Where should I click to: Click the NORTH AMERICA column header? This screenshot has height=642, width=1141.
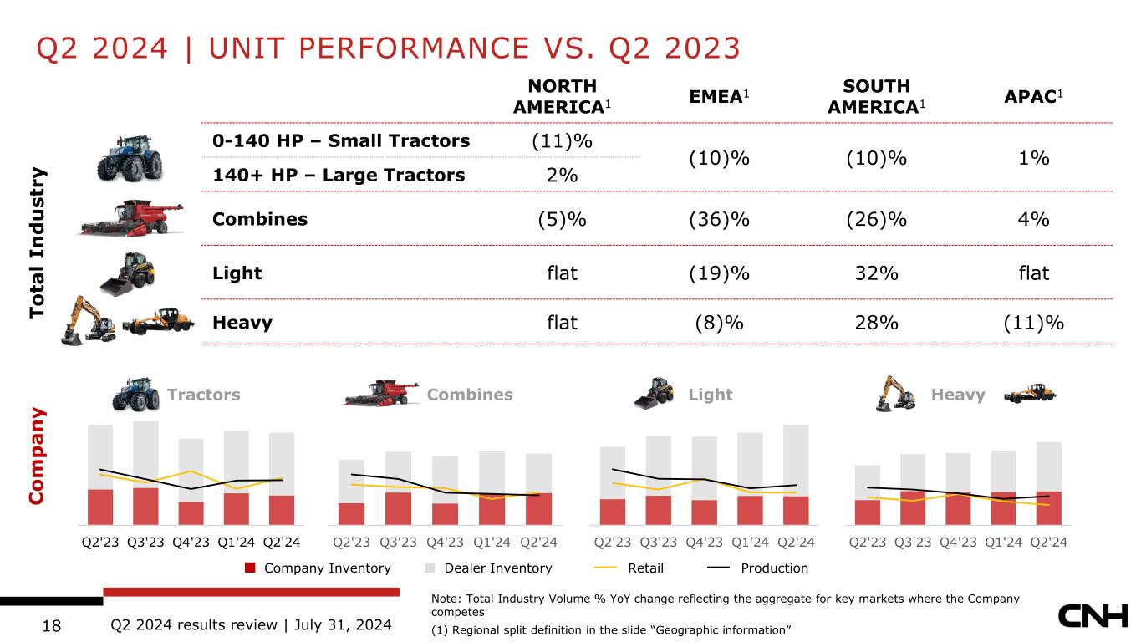coord(563,96)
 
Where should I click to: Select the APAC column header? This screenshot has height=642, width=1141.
coord(1034,97)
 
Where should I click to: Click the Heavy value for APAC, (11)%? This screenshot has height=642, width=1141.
coord(1034,322)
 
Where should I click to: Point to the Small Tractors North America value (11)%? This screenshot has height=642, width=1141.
coord(563,140)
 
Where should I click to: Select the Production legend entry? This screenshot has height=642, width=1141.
coord(774,568)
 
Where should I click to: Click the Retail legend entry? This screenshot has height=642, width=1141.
coord(645,568)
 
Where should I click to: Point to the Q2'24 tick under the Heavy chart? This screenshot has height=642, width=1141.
coord(1049,541)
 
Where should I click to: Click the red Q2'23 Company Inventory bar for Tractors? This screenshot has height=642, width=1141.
coord(100,506)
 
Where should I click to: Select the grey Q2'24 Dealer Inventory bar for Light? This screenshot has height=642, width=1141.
coord(796,460)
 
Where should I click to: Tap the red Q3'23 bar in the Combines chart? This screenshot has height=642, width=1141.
coord(398,507)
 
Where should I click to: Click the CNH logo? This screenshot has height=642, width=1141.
coord(1094,618)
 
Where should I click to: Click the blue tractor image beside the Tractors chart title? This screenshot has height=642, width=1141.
coord(135,394)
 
